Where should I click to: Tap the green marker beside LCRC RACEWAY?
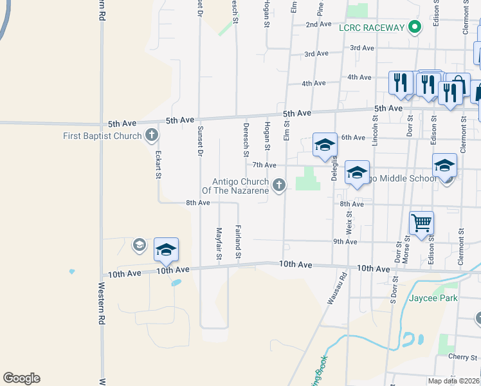click(415, 27)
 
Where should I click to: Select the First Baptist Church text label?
click(102, 136)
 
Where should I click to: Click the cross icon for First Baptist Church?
click(151, 135)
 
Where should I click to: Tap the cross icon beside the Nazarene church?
click(278, 185)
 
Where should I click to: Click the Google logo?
click(21, 378)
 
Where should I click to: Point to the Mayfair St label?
click(219, 244)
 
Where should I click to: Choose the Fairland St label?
click(238, 243)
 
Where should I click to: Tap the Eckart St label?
click(158, 165)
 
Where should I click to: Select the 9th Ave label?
click(345, 241)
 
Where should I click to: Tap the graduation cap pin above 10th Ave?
click(166, 249)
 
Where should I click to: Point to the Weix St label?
click(349, 226)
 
